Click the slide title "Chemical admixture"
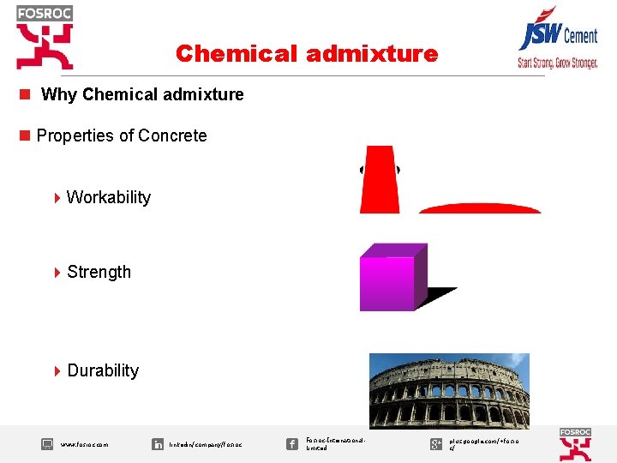306,54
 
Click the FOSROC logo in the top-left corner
45,36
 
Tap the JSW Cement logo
556,34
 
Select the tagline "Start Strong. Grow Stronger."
557,63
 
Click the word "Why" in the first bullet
59,94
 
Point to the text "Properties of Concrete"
121,135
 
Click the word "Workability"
108,197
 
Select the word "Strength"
99,272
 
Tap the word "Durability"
102,370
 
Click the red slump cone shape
380,180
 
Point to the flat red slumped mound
479,208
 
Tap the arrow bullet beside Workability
57,198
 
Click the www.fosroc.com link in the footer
84,445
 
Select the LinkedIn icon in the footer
158,444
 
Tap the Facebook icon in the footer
291,443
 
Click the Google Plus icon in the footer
436,443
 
